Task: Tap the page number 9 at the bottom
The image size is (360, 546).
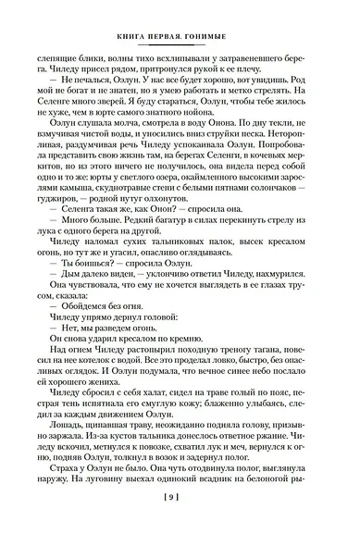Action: tap(179, 524)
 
